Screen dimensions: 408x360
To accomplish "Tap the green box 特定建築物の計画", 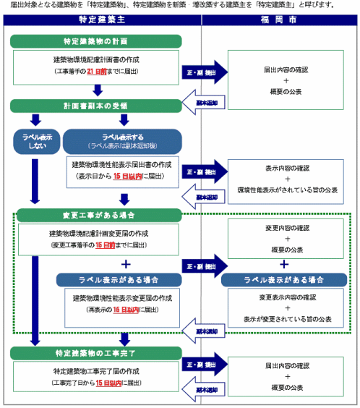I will [x=95, y=42].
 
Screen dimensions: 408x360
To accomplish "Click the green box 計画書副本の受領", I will [x=95, y=106].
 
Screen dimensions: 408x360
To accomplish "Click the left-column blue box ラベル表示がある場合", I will [x=119, y=279].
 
